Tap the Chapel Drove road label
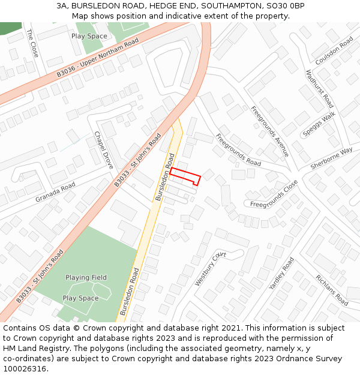104,150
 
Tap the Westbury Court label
210,268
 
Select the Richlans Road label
332,290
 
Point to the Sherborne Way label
331,158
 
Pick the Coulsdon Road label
334,52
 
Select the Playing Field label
86,277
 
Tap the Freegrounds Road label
238,149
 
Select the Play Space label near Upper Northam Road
89,36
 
